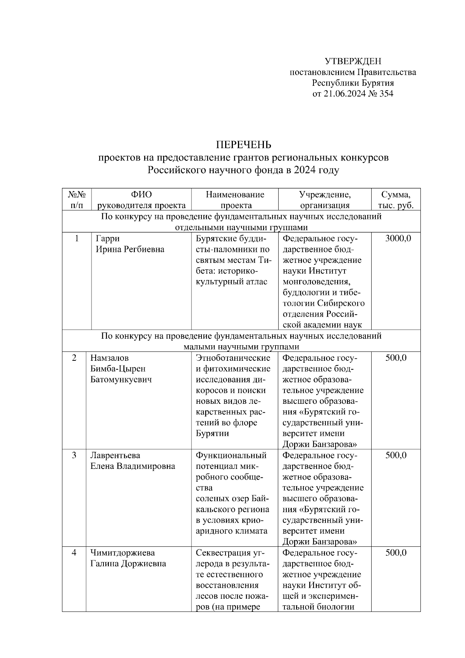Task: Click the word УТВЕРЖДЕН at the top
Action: point(353,61)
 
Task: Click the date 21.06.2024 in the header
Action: point(344,94)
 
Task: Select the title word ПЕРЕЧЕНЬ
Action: point(243,145)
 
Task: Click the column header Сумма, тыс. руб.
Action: point(395,200)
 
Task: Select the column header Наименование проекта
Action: point(235,200)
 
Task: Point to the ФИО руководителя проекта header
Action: point(141,200)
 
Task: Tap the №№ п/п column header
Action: point(77,200)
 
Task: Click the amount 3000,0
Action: point(398,238)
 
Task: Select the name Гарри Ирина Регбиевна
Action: point(130,244)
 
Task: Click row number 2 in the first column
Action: point(74,358)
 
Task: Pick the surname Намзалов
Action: point(109,358)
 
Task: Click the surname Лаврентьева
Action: point(115,455)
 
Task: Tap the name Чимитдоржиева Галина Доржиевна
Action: point(128,558)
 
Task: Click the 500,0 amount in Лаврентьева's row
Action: point(396,455)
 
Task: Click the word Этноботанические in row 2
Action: point(233,358)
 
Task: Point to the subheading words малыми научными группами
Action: point(241,346)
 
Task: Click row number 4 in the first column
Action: point(74,553)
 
